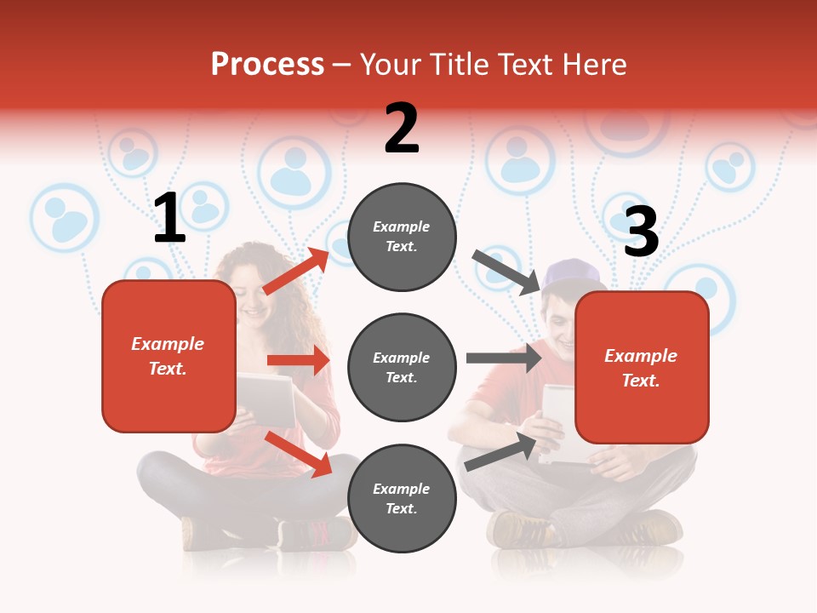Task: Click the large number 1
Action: [169, 219]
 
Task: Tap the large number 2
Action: [402, 129]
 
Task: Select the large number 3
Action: [641, 232]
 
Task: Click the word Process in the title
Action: [267, 64]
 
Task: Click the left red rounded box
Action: [169, 356]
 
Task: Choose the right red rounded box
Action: [642, 367]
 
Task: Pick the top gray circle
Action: [402, 237]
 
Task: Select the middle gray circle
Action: [402, 367]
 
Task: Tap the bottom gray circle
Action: [402, 498]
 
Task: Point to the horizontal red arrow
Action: [298, 360]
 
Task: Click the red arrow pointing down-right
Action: [299, 453]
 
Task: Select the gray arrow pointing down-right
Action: [506, 272]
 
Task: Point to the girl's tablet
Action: [266, 398]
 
